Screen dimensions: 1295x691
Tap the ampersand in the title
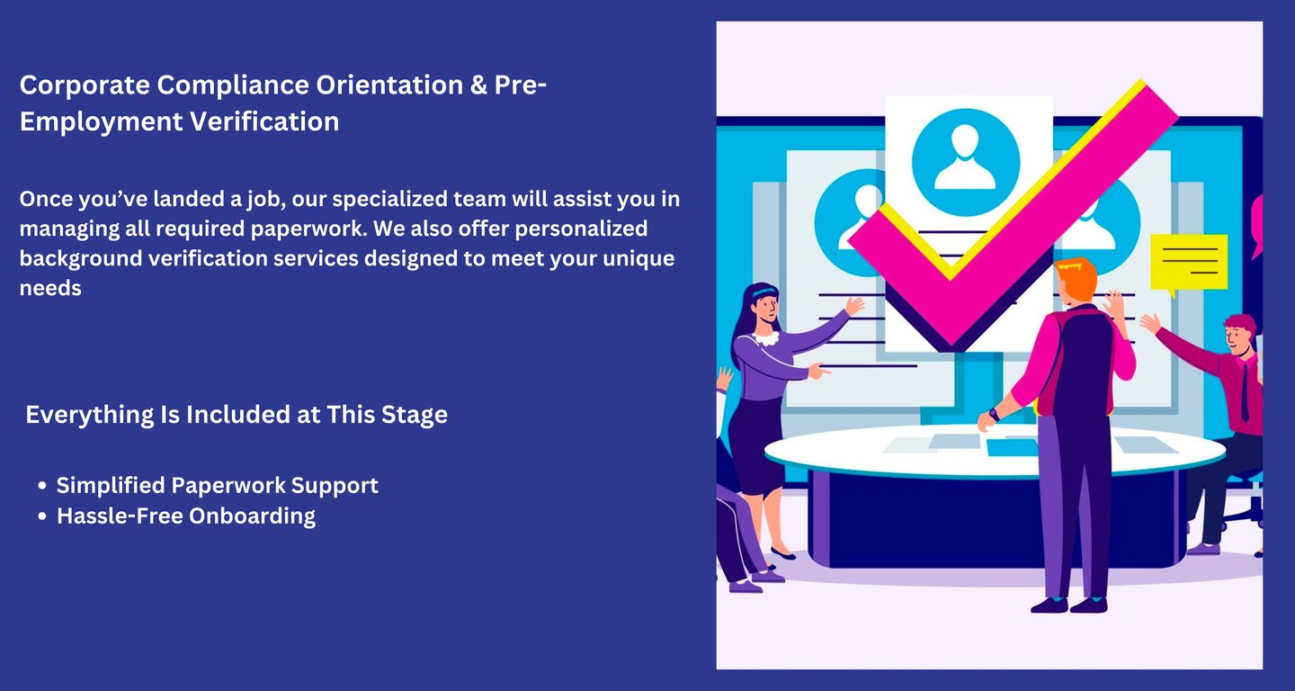pyautogui.click(x=478, y=85)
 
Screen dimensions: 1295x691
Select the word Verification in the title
pyautogui.click(x=264, y=121)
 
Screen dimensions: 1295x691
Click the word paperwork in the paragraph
pyautogui.click(x=308, y=229)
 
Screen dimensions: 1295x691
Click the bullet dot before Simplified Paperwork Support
pyautogui.click(x=41, y=486)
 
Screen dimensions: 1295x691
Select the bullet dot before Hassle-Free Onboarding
pyautogui.click(x=41, y=516)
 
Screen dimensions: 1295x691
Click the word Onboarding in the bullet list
pyautogui.click(x=252, y=516)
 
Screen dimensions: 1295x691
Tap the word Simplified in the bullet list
pyautogui.click(x=111, y=486)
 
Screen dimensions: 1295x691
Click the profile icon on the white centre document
pyautogui.click(x=966, y=162)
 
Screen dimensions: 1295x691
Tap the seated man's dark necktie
pyautogui.click(x=1245, y=392)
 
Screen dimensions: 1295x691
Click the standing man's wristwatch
pyautogui.click(x=994, y=414)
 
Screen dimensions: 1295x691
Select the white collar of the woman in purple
pyautogui.click(x=766, y=337)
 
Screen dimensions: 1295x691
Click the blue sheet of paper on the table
pyautogui.click(x=1012, y=447)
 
